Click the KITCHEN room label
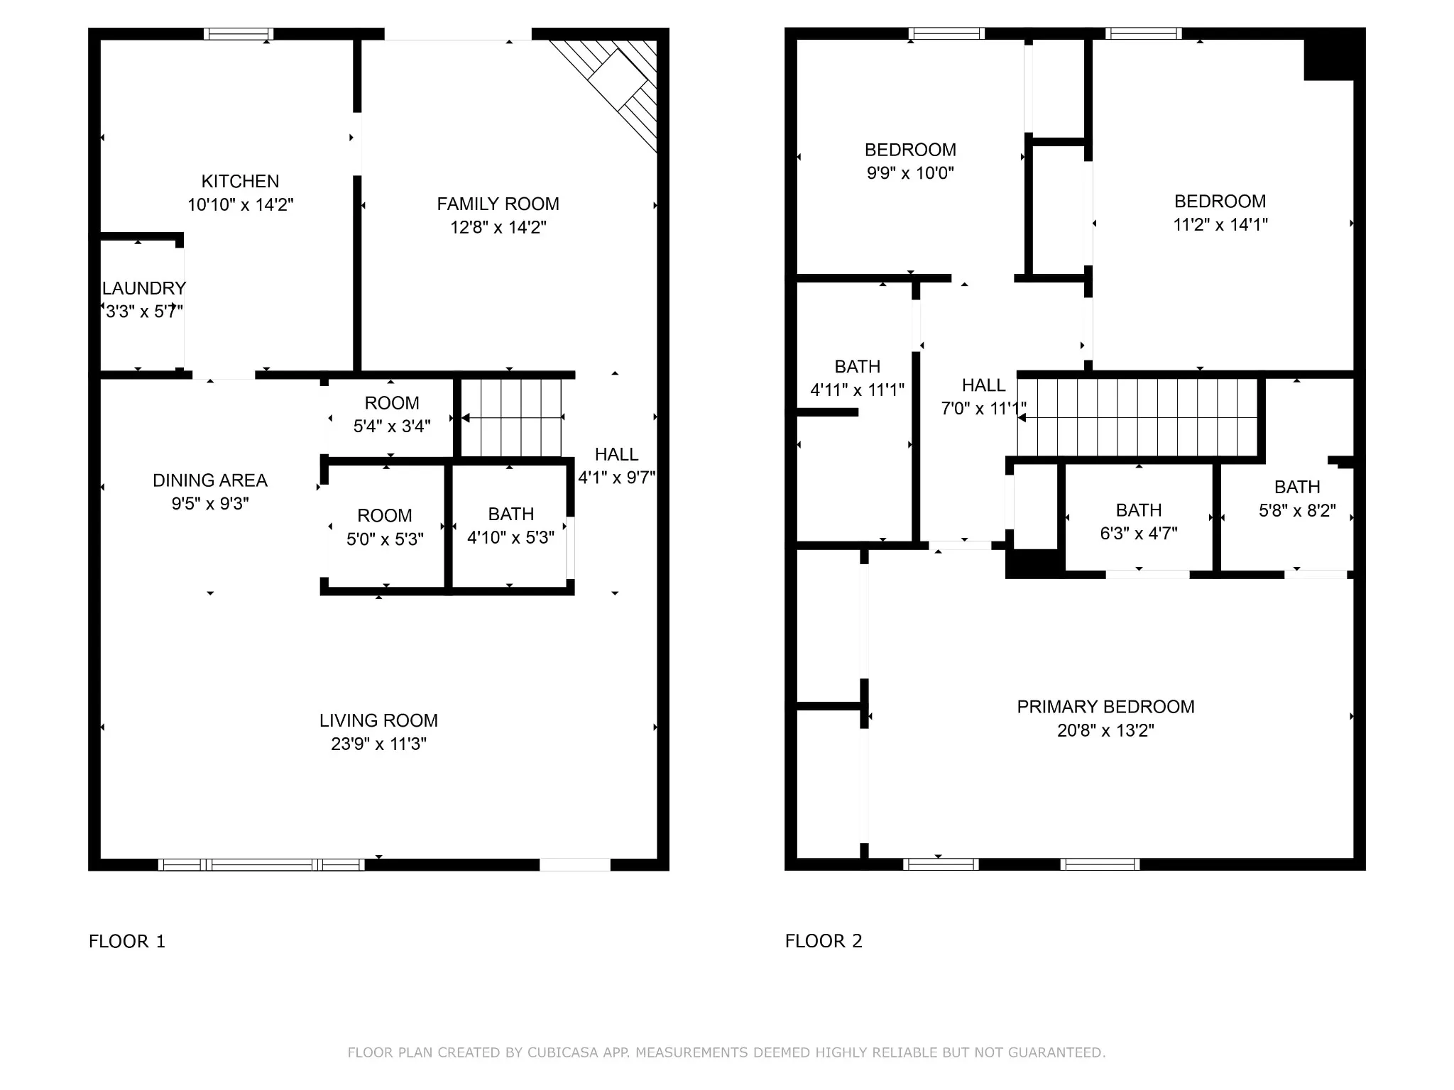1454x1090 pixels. click(240, 181)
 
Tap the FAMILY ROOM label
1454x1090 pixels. click(498, 204)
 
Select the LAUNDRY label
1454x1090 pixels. click(144, 288)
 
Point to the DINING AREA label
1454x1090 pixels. click(210, 480)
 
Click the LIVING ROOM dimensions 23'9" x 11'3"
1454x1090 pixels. click(378, 744)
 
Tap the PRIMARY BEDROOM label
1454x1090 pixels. click(1105, 707)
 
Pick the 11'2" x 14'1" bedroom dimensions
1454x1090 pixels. click(1220, 224)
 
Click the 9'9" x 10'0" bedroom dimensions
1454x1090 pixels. click(910, 173)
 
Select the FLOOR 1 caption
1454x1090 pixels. click(127, 941)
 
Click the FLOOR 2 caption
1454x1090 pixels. click(824, 941)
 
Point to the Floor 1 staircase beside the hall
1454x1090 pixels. click(511, 418)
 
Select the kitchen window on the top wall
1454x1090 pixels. click(239, 33)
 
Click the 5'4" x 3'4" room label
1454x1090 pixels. click(392, 414)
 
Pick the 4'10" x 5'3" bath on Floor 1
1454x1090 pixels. click(511, 526)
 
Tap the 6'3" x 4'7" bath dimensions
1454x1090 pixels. click(1139, 533)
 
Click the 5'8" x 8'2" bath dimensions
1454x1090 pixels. click(1297, 510)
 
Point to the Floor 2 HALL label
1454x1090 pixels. click(983, 385)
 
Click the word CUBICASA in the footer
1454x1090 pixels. click(563, 1052)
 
